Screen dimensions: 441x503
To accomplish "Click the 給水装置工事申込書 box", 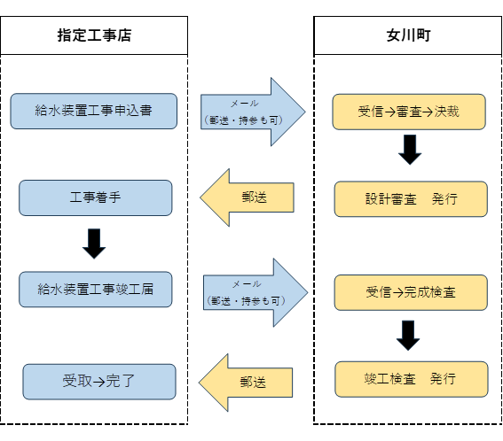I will [x=93, y=112].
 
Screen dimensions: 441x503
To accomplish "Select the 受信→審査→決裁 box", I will [x=408, y=112].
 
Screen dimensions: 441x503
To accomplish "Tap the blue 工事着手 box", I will [x=95, y=197].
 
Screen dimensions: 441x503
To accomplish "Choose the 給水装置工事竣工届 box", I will [x=95, y=290].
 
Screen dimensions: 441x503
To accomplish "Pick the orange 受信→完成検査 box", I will [x=411, y=292].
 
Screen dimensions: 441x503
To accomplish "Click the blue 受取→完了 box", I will [x=98, y=382].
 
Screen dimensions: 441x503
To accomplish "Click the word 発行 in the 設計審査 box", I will [x=444, y=199].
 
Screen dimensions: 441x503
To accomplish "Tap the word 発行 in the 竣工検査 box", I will [x=444, y=379].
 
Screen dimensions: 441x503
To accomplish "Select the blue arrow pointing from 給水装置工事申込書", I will [x=252, y=112].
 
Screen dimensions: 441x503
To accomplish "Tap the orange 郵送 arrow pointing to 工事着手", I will [x=248, y=197].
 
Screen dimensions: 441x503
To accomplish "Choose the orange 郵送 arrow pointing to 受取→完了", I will [x=246, y=383].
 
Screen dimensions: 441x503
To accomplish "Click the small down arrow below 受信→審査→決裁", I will [x=409, y=150].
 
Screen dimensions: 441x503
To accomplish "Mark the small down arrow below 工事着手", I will [x=94, y=243].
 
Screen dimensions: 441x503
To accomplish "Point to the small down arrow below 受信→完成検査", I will [x=408, y=335].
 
